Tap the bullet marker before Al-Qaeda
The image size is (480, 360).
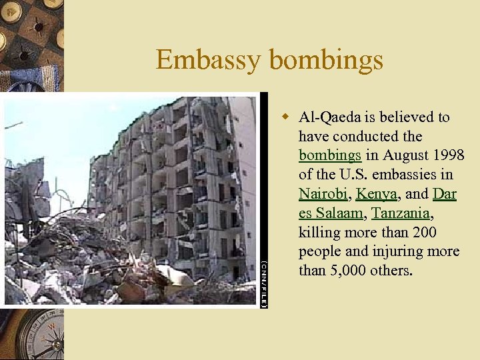(x=285, y=117)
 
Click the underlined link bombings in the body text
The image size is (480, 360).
(x=329, y=155)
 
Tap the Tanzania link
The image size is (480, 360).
(x=401, y=213)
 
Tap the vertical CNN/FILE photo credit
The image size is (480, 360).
(x=263, y=284)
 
